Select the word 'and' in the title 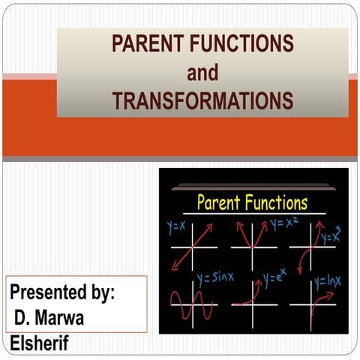(202, 72)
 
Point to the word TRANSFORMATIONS (202, 100)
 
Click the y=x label (176, 226)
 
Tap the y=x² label (283, 223)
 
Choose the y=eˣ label (273, 280)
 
